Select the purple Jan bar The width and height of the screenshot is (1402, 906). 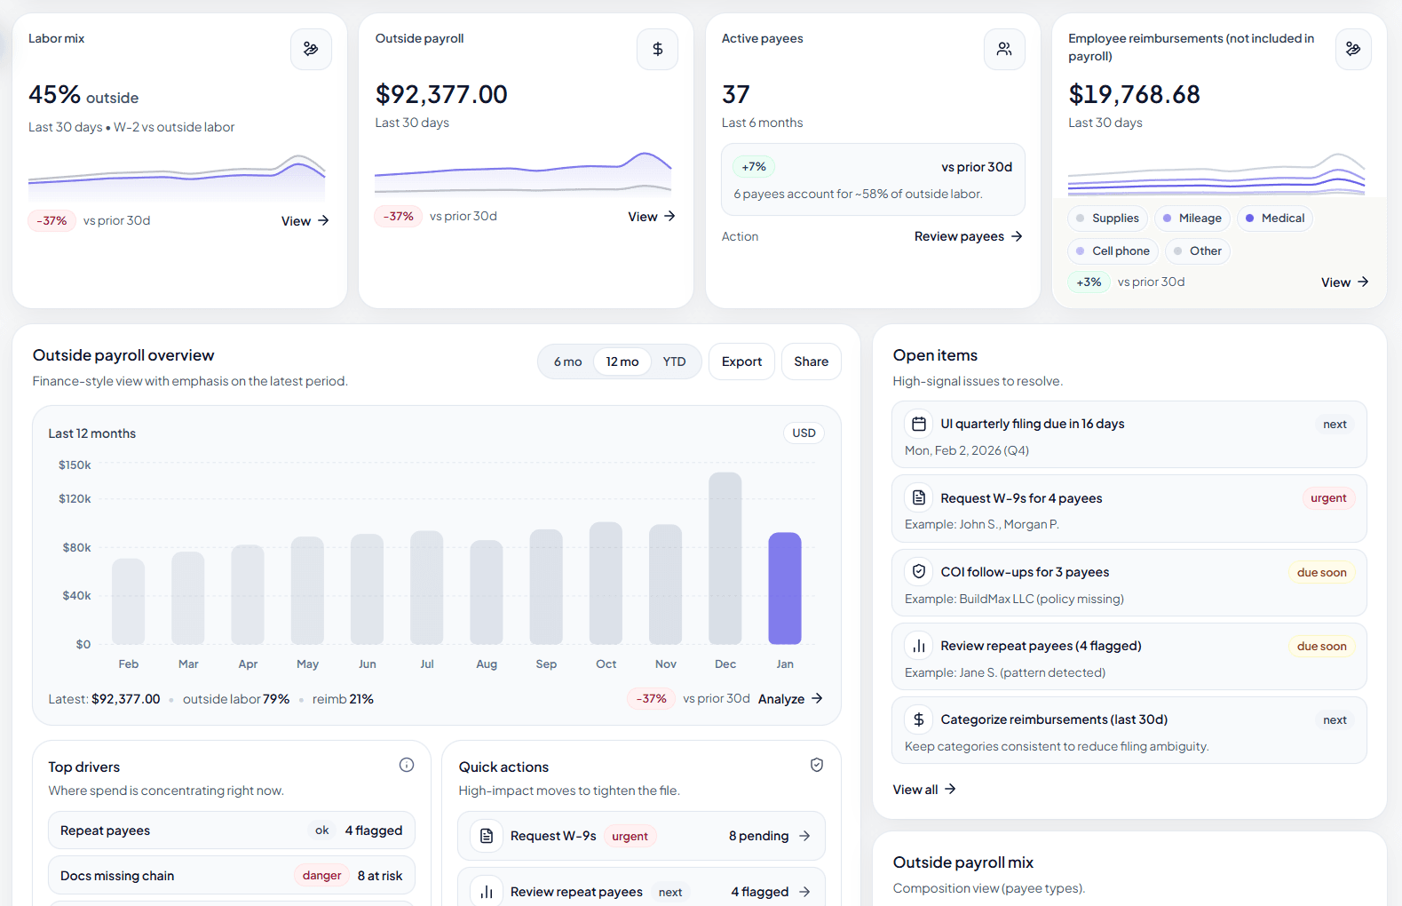tap(784, 588)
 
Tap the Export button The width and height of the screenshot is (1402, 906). tap(741, 362)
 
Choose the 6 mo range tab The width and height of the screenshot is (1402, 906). tap(567, 362)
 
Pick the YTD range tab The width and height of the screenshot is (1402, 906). tap(674, 362)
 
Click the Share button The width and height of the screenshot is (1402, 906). tap(811, 362)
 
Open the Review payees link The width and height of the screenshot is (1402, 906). tap(968, 236)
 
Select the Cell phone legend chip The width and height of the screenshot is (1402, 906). tap(1113, 251)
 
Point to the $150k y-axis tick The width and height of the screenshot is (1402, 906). tap(75, 465)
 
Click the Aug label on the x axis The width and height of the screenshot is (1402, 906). tap(487, 664)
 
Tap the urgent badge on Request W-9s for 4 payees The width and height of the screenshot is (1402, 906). tap(1328, 498)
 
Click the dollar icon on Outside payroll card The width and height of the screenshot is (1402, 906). tap(657, 49)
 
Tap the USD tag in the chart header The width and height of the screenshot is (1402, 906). tap(804, 433)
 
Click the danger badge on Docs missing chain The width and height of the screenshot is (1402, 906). tap(321, 876)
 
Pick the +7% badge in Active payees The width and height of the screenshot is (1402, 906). tap(754, 167)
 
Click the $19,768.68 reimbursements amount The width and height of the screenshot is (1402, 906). tap(1134, 94)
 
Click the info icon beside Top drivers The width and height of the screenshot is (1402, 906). tap(407, 765)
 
